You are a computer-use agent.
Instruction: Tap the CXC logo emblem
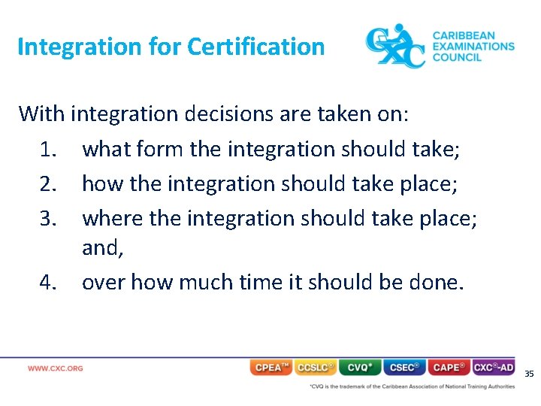pyautogui.click(x=394, y=46)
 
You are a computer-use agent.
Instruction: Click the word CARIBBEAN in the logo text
pyautogui.click(x=464, y=35)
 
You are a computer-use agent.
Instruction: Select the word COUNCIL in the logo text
pyautogui.click(x=457, y=57)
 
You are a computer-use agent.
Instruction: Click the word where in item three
pyautogui.click(x=113, y=218)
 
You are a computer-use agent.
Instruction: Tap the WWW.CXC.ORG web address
pyautogui.click(x=56, y=368)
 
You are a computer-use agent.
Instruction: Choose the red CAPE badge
pyautogui.click(x=449, y=368)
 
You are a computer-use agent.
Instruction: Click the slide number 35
pyautogui.click(x=529, y=374)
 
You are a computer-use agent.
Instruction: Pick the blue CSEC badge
pyautogui.click(x=405, y=368)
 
